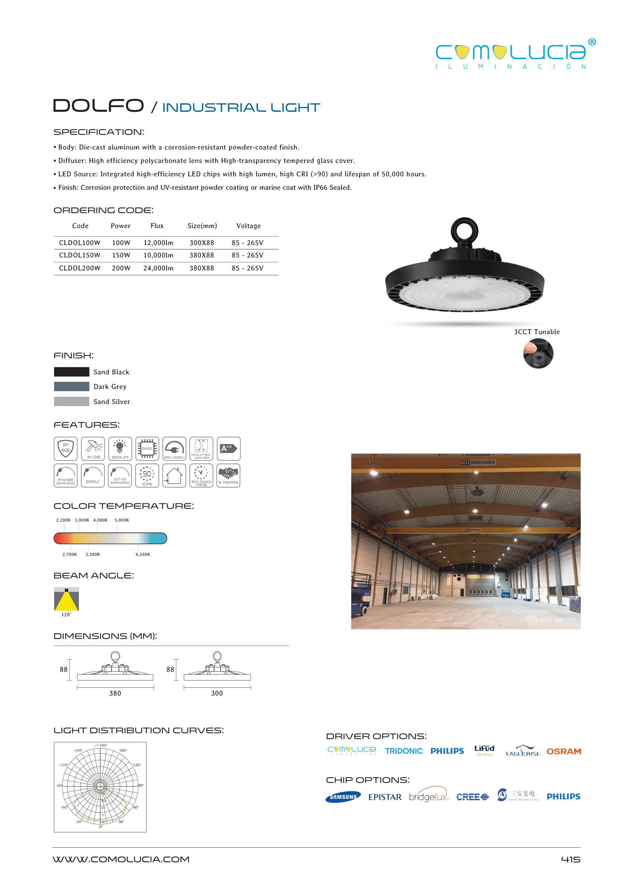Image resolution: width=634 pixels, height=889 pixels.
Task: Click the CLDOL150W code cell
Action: point(79,255)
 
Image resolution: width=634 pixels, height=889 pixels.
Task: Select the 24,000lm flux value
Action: point(158,268)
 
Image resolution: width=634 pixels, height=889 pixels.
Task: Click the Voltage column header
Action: point(248,226)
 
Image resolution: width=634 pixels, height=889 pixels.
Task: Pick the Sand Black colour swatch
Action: point(72,372)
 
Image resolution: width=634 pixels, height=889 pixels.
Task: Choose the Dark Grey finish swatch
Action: point(72,386)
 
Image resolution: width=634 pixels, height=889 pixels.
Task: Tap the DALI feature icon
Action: point(92,475)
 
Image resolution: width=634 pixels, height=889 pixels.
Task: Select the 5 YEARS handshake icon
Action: point(228,475)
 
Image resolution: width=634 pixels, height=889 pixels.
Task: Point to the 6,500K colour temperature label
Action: point(142,554)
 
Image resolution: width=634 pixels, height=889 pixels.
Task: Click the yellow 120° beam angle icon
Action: point(66,599)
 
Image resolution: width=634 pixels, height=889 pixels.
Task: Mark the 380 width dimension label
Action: point(115,693)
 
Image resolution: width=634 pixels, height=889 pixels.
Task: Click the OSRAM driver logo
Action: point(563,751)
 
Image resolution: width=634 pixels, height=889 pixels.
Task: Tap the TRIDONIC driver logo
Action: point(404,751)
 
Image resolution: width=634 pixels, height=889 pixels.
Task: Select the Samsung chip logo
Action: point(343,797)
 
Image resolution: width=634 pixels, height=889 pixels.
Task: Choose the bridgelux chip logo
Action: point(428,796)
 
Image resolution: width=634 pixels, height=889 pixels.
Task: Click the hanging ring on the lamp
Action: point(464,231)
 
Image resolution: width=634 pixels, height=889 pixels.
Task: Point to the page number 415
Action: point(570,859)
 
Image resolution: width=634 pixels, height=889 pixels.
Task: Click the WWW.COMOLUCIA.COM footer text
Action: point(121,859)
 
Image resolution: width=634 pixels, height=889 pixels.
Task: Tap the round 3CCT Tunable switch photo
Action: point(538,354)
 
